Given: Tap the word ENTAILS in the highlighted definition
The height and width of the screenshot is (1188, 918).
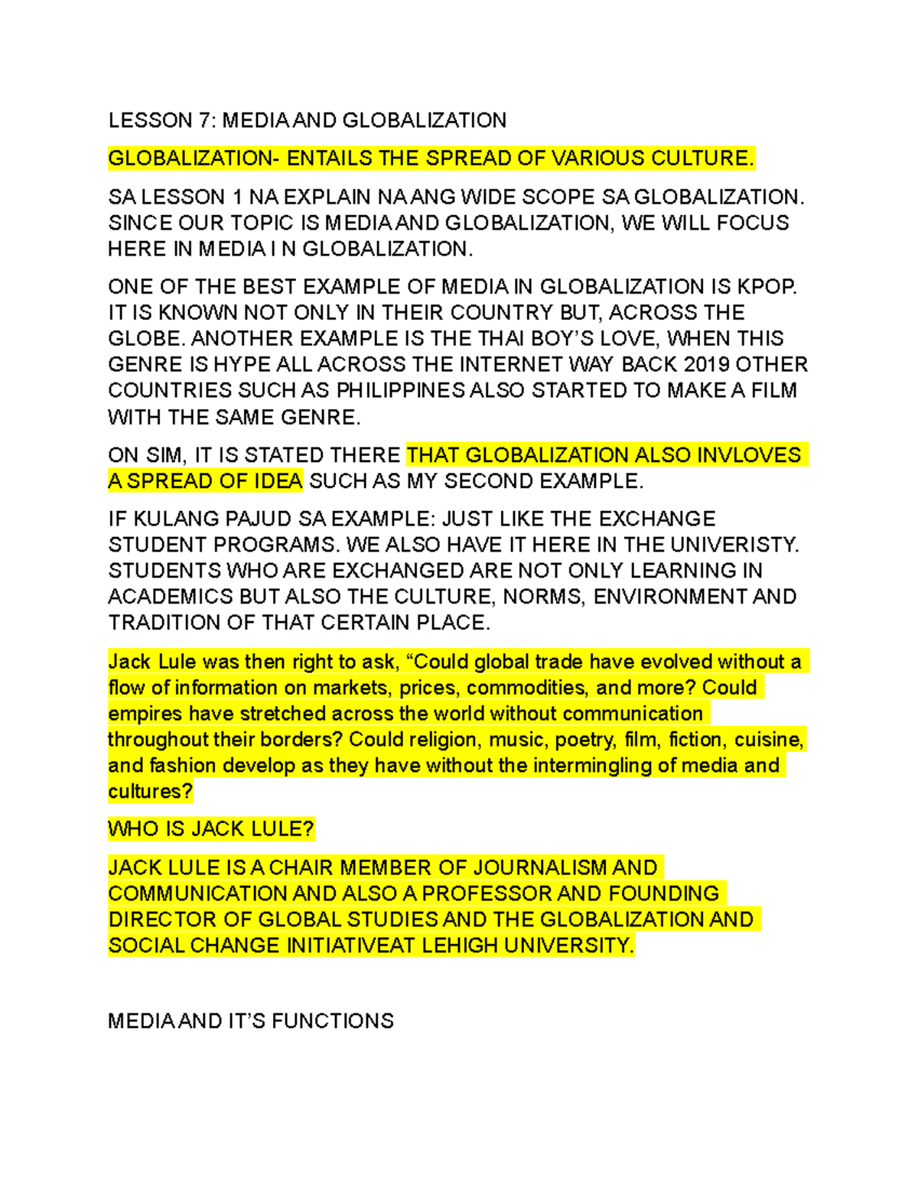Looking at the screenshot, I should (330, 158).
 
